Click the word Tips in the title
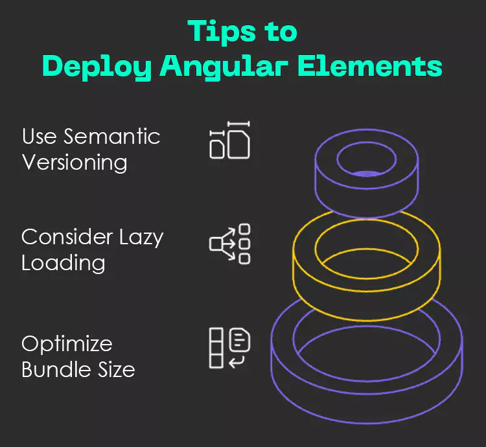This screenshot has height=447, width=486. tap(214, 32)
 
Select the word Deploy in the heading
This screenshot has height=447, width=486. tap(98, 67)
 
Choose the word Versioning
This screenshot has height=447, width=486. tap(75, 162)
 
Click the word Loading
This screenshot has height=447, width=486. tap(63, 264)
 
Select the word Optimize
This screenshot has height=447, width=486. tap(67, 344)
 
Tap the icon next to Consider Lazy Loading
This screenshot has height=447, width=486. tap(230, 244)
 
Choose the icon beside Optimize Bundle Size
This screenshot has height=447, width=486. tap(229, 348)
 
